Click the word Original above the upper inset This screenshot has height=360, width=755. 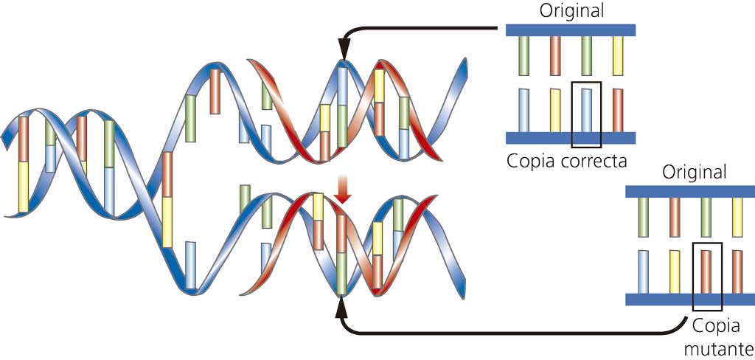coord(571,11)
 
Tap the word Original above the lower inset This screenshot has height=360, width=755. coord(694,172)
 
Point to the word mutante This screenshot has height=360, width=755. coord(718,347)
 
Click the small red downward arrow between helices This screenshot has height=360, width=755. coord(343,190)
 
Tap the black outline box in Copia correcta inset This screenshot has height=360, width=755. coord(586,114)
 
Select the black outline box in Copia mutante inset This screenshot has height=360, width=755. coord(707,276)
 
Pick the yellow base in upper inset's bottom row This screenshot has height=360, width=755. coord(555,110)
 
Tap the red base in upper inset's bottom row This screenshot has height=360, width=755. coord(618,110)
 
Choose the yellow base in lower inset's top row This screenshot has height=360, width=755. coord(737,216)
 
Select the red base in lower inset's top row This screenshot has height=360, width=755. coord(675,216)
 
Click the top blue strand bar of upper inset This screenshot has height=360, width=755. coord(571,30)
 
